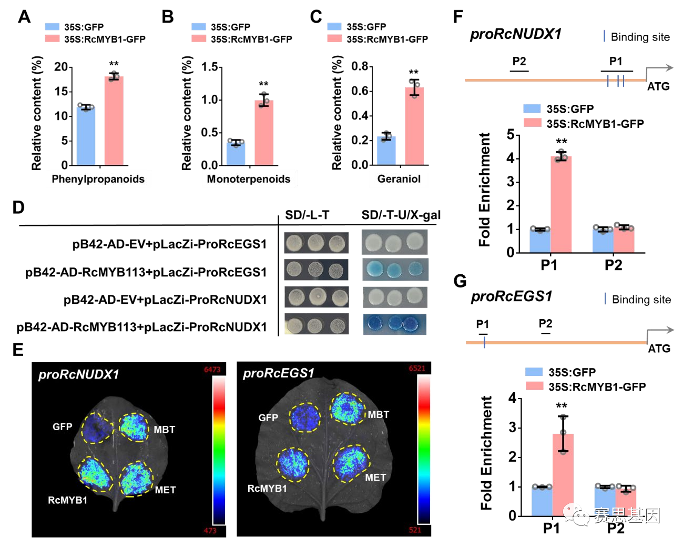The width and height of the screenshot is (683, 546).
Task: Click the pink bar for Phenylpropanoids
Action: pos(114,121)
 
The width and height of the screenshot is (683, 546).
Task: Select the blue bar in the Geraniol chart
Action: pos(386,151)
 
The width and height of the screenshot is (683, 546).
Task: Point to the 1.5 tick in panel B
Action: pos(210,67)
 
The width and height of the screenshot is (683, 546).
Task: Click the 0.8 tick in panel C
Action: pos(360,66)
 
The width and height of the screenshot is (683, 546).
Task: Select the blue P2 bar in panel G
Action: pos(605,501)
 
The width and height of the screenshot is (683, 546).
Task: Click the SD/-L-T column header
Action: pos(307,215)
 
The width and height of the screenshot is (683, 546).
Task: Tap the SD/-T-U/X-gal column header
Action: pos(401,215)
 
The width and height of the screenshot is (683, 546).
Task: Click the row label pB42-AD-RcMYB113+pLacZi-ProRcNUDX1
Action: pos(142,327)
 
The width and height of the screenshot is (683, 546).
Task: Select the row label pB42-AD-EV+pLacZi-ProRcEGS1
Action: pos(169,244)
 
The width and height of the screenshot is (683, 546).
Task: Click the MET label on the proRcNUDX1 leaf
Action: pos(165,490)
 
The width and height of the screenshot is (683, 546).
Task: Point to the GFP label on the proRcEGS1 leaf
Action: pos(268,418)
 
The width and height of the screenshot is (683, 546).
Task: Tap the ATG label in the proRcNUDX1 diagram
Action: pos(658,86)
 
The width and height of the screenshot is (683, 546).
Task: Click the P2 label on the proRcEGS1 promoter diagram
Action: pos(545,324)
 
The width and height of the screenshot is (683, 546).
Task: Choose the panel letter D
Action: pos(18,207)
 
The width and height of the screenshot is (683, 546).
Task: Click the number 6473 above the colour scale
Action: pos(212,370)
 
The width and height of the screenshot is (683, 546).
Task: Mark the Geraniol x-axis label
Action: pos(399,179)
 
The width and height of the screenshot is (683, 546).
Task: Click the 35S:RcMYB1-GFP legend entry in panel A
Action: pos(105,39)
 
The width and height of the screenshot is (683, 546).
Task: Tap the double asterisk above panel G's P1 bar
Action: pos(562,406)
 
